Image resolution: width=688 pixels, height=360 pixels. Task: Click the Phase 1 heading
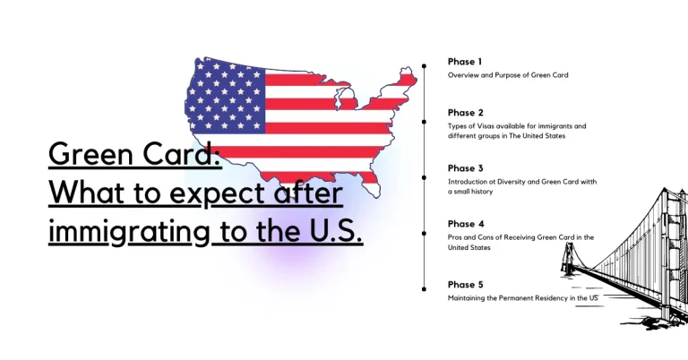pos(465,62)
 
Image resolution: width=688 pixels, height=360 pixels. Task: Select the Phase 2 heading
pos(465,113)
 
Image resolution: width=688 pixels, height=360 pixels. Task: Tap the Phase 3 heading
pos(465,168)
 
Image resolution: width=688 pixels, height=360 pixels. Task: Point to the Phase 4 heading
pos(466,224)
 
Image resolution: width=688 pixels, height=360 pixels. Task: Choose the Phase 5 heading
pos(466,285)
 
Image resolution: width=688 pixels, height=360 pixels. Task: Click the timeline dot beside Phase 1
pos(424,65)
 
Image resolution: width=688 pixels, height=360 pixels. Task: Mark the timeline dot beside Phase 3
pos(424,177)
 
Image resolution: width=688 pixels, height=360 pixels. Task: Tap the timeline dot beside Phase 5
pos(424,288)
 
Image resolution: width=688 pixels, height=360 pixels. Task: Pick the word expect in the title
pos(190,194)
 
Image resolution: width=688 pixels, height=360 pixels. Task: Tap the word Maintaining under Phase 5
pos(469,297)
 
